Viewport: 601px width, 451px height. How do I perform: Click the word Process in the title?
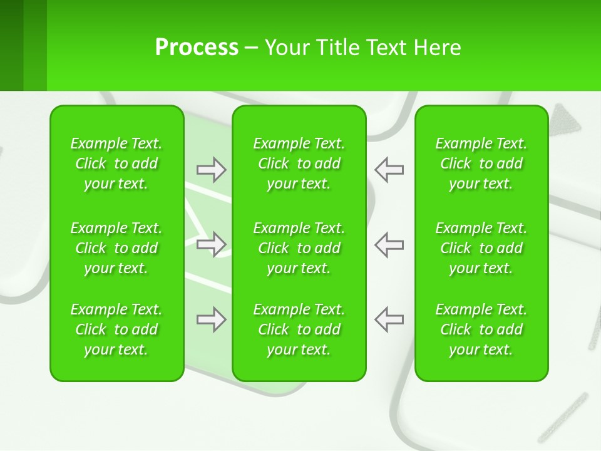tap(197, 48)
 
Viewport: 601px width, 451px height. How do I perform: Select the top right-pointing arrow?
tap(211, 170)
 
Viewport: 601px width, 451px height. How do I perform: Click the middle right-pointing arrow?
tap(211, 244)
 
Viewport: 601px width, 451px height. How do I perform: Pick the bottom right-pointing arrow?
tap(211, 319)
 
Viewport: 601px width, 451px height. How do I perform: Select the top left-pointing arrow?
tap(389, 170)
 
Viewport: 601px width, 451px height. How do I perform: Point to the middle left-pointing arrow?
tap(389, 244)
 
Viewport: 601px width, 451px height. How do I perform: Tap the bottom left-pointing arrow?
tap(389, 319)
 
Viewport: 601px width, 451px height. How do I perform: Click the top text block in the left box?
tap(116, 163)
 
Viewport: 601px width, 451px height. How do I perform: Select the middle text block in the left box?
tap(116, 248)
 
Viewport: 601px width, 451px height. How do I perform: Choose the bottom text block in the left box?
tap(116, 329)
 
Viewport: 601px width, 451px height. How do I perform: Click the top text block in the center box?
tap(299, 163)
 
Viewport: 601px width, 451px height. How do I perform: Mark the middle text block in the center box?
tap(299, 248)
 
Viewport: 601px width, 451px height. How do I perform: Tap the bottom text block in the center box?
tap(299, 329)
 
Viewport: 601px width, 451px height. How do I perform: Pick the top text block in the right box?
tap(481, 163)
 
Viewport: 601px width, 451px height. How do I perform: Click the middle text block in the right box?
tap(481, 248)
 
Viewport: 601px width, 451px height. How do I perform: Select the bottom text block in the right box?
tap(481, 329)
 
